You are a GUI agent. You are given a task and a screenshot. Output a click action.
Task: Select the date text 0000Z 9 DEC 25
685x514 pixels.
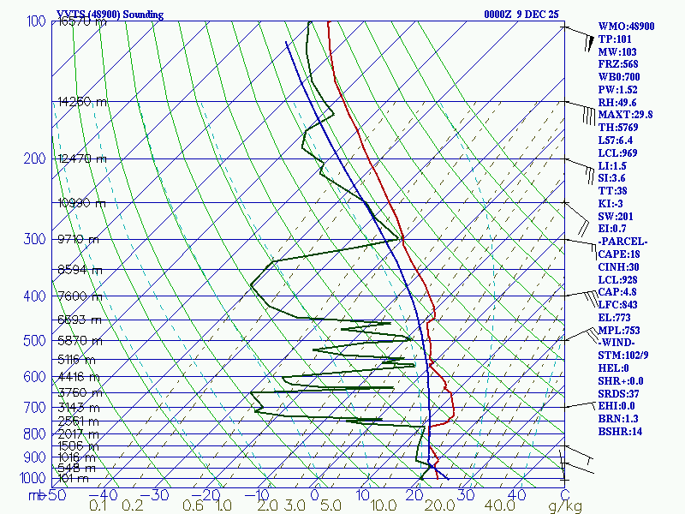[521, 15]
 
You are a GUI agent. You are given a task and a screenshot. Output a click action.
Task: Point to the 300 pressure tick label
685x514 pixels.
[34, 239]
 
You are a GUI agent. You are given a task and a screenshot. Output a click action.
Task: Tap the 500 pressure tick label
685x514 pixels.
[34, 341]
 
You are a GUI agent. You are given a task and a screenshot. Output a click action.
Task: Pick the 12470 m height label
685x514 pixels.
[82, 158]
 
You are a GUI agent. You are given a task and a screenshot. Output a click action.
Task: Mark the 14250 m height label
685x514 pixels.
[82, 101]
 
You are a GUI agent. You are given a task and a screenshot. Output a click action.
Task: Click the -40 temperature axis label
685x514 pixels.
[108, 495]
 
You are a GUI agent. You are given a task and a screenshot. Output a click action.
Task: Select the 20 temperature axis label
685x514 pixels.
[415, 495]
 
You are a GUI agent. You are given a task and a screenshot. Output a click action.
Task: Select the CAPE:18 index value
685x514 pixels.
[620, 254]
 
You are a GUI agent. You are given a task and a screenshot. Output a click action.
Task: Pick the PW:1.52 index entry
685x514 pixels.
[617, 89]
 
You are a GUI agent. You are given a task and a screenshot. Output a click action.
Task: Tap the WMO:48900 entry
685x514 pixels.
[626, 27]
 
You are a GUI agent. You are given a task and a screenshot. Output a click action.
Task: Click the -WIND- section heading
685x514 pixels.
[617, 343]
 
